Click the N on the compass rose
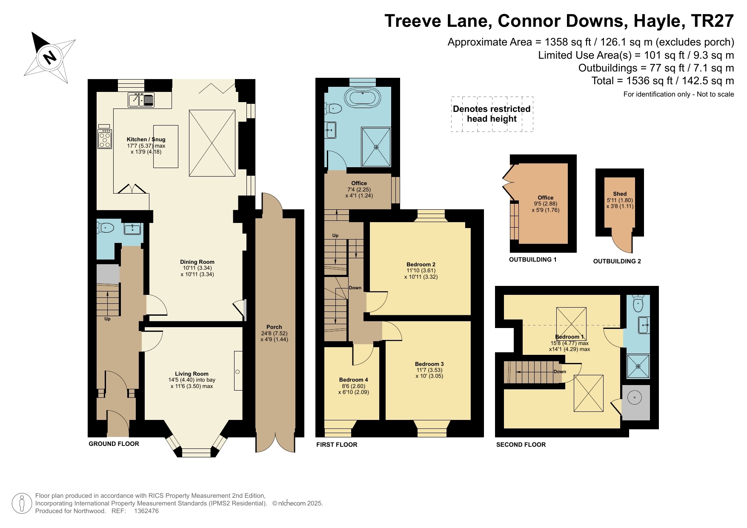pyautogui.click(x=50, y=57)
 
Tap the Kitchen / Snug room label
pyautogui.click(x=146, y=140)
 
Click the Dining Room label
pyautogui.click(x=197, y=262)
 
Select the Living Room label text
pyautogui.click(x=192, y=374)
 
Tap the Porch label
pyautogui.click(x=274, y=327)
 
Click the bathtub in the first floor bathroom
pyautogui.click(x=362, y=98)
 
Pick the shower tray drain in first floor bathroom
pyautogui.click(x=376, y=147)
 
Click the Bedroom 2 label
pyautogui.click(x=421, y=265)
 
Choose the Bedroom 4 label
pyautogui.click(x=353, y=380)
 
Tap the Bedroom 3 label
pyautogui.click(x=429, y=364)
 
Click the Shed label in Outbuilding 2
pyautogui.click(x=620, y=194)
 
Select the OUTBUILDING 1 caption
pyautogui.click(x=532, y=260)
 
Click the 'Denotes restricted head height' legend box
pyautogui.click(x=492, y=114)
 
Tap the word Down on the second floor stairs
pyautogui.click(x=560, y=371)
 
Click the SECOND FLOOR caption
pyautogui.click(x=521, y=445)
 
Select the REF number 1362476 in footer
pyautogui.click(x=146, y=511)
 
